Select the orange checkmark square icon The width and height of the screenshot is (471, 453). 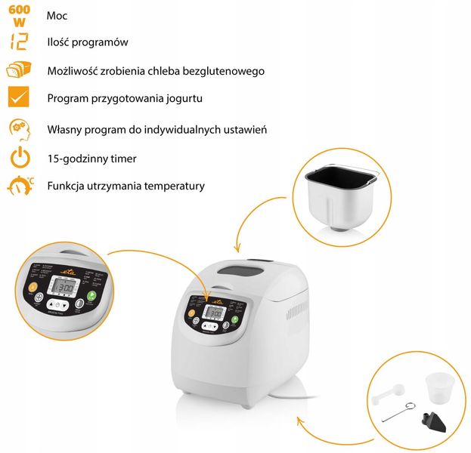pyautogui.click(x=19, y=98)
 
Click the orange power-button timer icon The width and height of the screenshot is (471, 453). pyautogui.click(x=20, y=159)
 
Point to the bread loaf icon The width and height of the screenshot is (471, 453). pyautogui.click(x=19, y=70)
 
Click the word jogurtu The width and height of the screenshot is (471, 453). pyautogui.click(x=183, y=98)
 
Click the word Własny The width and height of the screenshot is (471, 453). pyautogui.click(x=64, y=129)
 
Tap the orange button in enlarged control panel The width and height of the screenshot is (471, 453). pyautogui.click(x=33, y=287)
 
